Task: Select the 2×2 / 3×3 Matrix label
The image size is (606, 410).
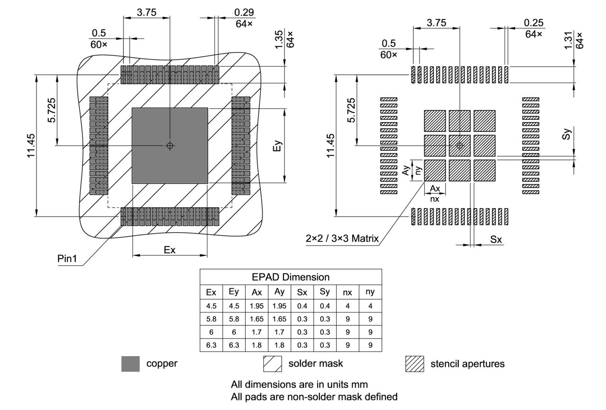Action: click(342, 238)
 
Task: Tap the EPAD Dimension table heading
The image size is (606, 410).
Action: click(290, 277)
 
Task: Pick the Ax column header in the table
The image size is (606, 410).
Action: click(257, 292)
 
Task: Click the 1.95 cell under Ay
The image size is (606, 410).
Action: click(279, 305)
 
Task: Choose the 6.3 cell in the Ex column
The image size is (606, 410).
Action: click(211, 345)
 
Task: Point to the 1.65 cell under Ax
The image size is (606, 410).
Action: click(257, 319)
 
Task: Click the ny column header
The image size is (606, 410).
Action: click(370, 292)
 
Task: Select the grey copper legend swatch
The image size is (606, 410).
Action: click(131, 364)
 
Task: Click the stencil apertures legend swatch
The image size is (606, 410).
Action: click(414, 364)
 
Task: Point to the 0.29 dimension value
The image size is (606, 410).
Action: click(243, 13)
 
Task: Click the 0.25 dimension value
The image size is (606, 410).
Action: click(534, 23)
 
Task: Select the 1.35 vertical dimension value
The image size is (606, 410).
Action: click(279, 39)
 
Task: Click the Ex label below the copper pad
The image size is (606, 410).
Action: click(169, 250)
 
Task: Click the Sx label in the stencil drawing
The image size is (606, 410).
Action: click(496, 240)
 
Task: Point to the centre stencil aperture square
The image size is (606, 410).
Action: click(459, 146)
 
